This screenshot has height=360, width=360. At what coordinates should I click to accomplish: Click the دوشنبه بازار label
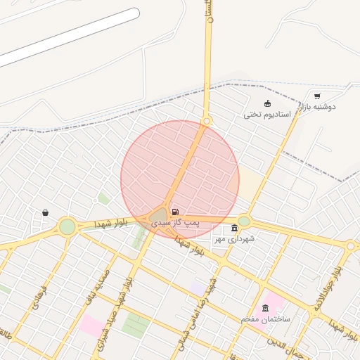(x=319, y=106)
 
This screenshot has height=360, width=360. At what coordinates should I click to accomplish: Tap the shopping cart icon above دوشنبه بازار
(x=317, y=96)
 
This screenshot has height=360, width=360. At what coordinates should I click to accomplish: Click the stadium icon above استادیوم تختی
(x=267, y=104)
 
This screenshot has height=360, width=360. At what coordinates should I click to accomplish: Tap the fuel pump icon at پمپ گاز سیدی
(x=174, y=211)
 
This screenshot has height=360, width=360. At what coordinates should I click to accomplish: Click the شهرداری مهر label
(x=234, y=239)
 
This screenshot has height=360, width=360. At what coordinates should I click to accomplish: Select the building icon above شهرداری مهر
(x=234, y=229)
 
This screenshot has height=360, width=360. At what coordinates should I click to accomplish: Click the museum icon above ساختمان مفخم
(x=265, y=309)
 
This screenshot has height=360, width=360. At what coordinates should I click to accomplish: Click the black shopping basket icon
(x=46, y=212)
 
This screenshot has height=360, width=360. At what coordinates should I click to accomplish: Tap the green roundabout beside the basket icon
(x=67, y=226)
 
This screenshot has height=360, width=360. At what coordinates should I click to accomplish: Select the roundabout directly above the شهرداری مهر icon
(x=244, y=221)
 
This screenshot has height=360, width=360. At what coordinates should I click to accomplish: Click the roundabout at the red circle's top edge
(x=206, y=120)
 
